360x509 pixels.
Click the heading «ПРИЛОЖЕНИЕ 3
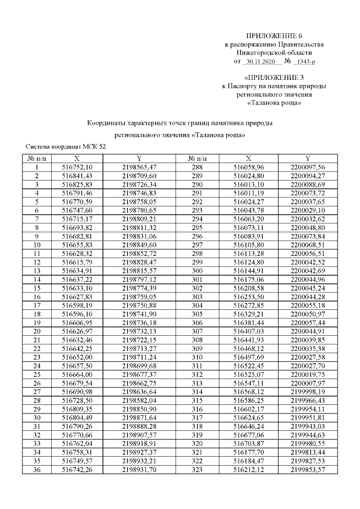[x=274, y=78]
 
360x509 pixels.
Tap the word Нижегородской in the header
[x=260, y=52]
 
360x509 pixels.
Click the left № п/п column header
[x=37, y=159]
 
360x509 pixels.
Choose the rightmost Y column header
[x=308, y=159]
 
